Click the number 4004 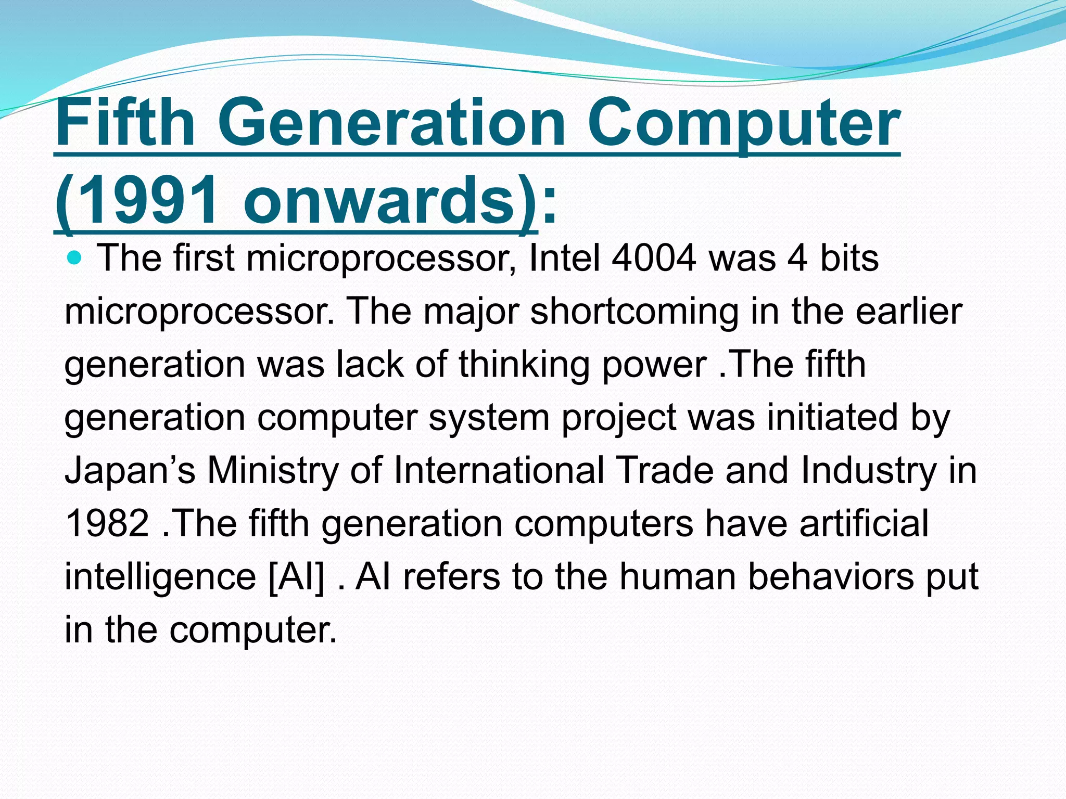[x=654, y=258]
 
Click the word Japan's [x=130, y=470]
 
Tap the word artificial [x=864, y=523]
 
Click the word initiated [x=832, y=417]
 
